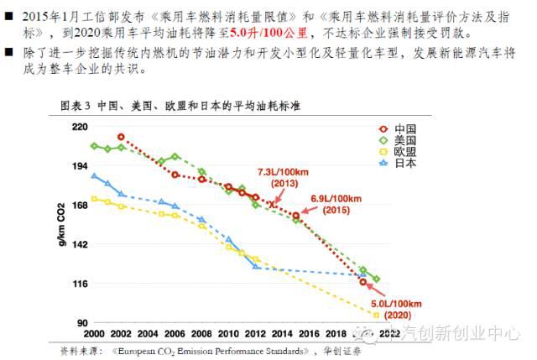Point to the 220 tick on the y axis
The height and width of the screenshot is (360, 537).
[x=80, y=127]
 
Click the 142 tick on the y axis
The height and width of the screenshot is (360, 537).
[x=80, y=245]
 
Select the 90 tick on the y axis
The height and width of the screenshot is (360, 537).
[x=82, y=323]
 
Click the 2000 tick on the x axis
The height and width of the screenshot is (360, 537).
[x=94, y=333]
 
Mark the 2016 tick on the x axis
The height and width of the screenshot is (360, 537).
[x=309, y=333]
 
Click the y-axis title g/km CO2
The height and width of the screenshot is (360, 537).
[x=60, y=224]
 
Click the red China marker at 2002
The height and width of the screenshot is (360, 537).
[x=121, y=137]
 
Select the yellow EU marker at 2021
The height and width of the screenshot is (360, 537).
[x=376, y=315]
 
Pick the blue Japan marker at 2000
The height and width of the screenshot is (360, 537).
[x=94, y=176]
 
